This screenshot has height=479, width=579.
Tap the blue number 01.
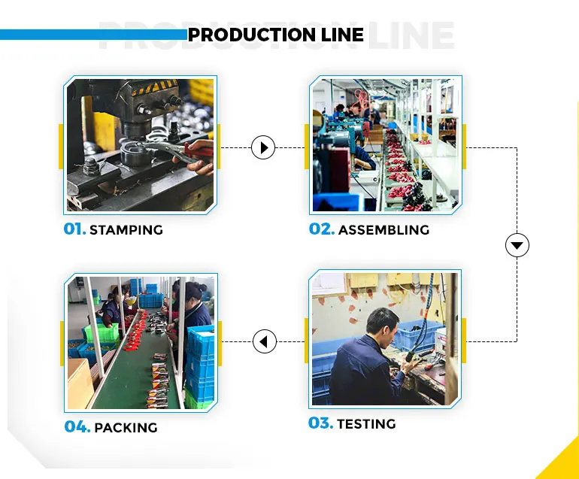click(74, 229)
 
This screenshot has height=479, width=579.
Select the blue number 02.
click(321, 229)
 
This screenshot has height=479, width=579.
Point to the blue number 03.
click(320, 423)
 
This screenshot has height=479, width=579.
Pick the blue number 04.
click(77, 427)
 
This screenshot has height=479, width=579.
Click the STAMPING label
click(126, 230)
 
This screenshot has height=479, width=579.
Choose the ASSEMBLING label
click(383, 229)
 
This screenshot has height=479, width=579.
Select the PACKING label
click(126, 428)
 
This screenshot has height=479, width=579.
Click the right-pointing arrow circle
click(262, 147)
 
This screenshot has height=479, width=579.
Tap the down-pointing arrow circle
click(517, 245)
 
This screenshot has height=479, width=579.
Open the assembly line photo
click(384, 144)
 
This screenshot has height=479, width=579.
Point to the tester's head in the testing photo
click(380, 322)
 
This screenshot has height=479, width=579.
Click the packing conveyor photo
click(140, 343)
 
